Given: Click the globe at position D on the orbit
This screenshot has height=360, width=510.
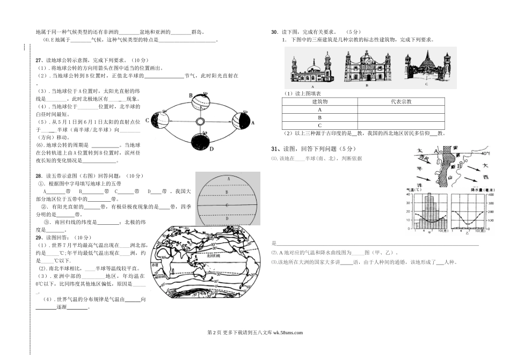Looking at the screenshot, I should [x=200, y=142].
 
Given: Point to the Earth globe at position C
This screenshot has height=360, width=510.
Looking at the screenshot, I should [x=161, y=120].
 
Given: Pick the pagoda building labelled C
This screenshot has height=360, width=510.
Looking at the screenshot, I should [x=426, y=67].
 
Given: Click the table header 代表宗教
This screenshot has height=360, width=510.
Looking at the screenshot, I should [x=401, y=101].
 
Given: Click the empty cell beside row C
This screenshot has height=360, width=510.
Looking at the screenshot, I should [x=401, y=125].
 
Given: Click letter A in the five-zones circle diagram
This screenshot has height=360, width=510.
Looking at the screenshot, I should [x=229, y=179].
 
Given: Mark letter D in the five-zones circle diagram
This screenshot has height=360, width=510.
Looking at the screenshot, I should [x=228, y=218].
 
